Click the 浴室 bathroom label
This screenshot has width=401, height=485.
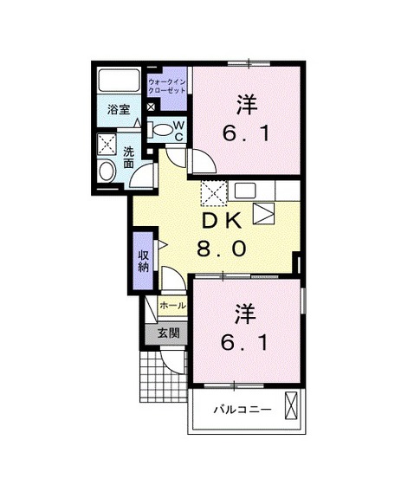click(x=118, y=110)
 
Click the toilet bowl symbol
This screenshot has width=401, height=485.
click(x=162, y=130)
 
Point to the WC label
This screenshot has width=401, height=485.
click(x=178, y=130)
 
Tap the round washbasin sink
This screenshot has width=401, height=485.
click(x=108, y=170)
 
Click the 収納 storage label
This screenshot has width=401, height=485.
click(x=143, y=260)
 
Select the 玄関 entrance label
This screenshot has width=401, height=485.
click(x=169, y=333)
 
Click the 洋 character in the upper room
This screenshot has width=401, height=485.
click(x=246, y=106)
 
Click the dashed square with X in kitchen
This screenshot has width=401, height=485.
click(x=214, y=191)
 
